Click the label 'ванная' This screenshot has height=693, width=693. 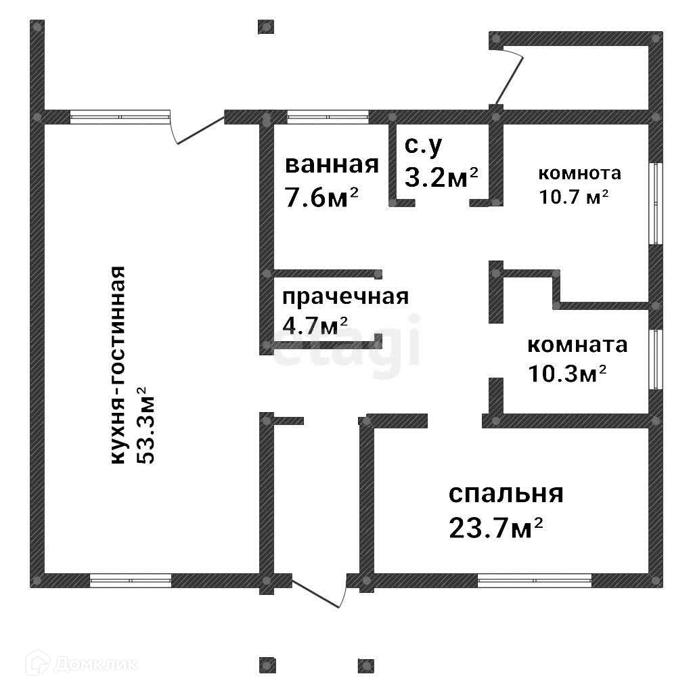[332, 166]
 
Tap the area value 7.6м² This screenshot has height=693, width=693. [321, 198]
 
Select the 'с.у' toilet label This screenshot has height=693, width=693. [424, 146]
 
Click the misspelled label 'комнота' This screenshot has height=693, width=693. [579, 173]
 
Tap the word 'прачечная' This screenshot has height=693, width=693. [345, 298]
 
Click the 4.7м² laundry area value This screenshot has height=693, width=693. [315, 326]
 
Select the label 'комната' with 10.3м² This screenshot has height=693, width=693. [577, 345]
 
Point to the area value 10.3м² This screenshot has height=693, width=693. [566, 373]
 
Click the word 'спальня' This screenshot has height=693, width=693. [506, 494]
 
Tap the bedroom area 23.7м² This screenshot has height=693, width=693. [496, 527]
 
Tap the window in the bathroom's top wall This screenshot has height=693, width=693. [328, 116]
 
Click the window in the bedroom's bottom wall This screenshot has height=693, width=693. [534, 580]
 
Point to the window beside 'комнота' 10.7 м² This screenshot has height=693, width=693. [654, 203]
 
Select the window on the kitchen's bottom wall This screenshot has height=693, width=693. [131, 580]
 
